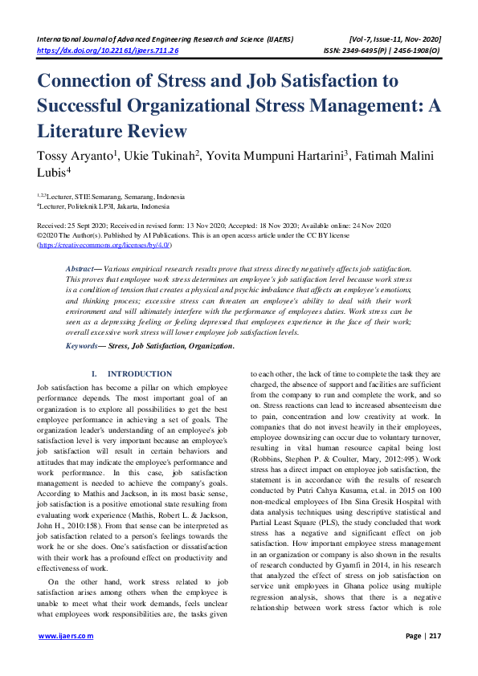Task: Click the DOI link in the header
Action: [108, 50]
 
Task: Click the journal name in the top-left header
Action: [165, 39]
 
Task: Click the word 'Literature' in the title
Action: [82, 131]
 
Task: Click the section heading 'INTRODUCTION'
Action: [140, 374]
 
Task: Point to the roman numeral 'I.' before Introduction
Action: [96, 374]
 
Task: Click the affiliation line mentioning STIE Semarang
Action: [111, 196]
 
